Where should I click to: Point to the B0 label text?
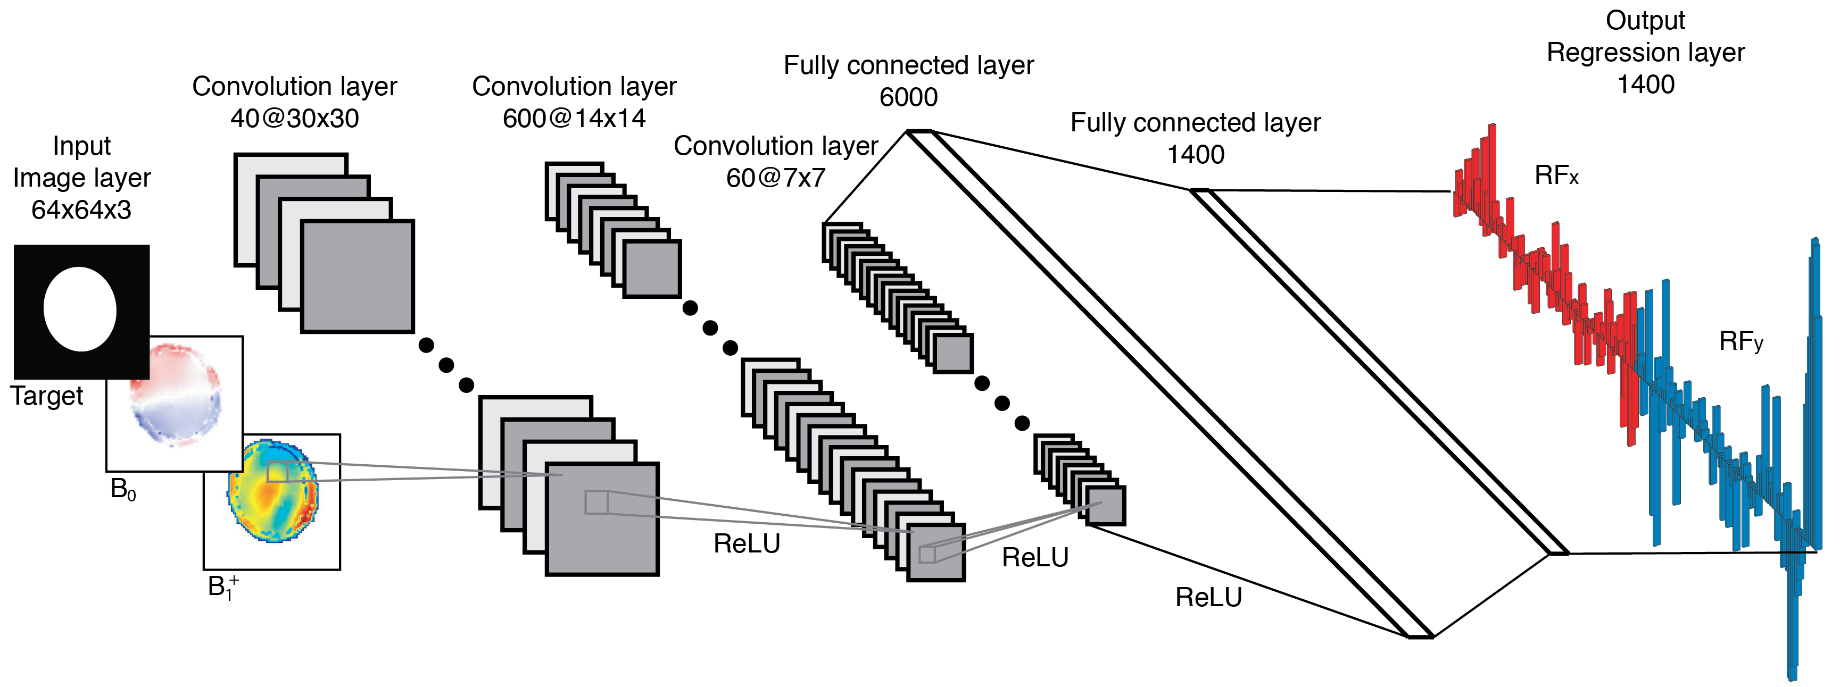click(x=123, y=489)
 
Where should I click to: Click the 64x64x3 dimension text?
click(x=81, y=210)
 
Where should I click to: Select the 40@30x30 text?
click(x=294, y=119)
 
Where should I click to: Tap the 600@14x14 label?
click(x=574, y=119)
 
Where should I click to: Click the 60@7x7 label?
click(x=776, y=178)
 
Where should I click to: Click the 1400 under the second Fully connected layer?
click(x=1195, y=154)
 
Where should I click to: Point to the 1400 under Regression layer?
click(x=1646, y=84)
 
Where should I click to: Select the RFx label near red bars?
click(x=1556, y=175)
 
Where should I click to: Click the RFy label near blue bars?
click(x=1740, y=341)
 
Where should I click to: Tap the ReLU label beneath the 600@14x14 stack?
click(x=747, y=544)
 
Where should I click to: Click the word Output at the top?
click(x=1645, y=20)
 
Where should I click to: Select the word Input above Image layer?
click(x=81, y=146)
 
